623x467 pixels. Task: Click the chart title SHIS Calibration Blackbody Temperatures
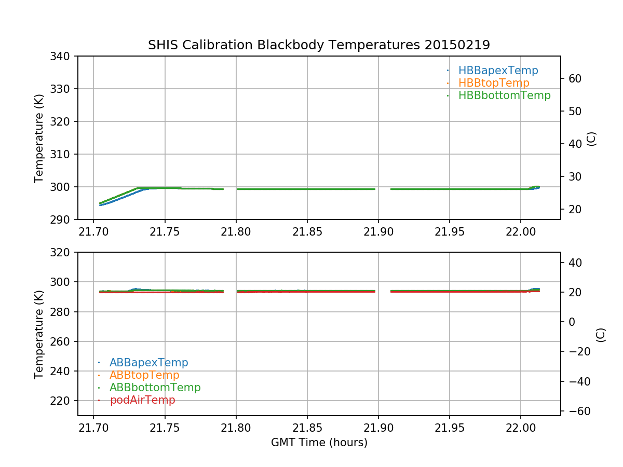(319, 45)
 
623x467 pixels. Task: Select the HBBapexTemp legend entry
(498, 71)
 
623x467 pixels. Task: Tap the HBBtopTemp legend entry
(493, 83)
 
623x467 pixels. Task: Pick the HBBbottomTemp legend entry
(504, 95)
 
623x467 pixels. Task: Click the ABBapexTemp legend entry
(148, 363)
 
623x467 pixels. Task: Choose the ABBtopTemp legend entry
(144, 375)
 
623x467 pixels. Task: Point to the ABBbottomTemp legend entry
(155, 388)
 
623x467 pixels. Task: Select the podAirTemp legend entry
(142, 400)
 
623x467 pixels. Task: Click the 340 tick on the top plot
(63, 56)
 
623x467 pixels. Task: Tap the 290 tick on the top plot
(63, 219)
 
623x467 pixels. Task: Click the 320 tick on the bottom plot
(63, 252)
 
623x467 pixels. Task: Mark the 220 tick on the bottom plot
(63, 401)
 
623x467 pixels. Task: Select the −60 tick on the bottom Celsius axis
(576, 411)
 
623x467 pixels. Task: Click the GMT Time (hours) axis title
(319, 443)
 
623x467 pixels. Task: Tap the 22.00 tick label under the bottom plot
(521, 427)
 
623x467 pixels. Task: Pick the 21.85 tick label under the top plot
(307, 231)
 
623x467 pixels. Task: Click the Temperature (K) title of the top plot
(39, 138)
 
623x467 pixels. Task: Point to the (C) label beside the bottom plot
(601, 334)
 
